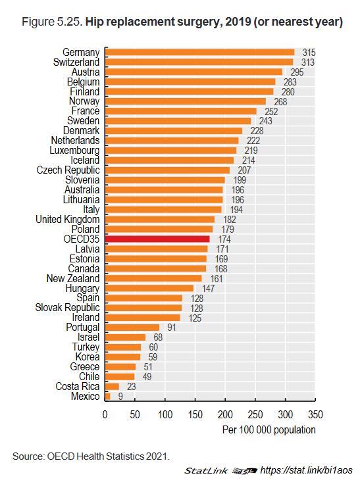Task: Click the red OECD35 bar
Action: tap(157, 239)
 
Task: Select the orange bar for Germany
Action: tap(199, 52)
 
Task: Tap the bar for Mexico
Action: tap(108, 396)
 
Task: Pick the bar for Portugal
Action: tap(132, 328)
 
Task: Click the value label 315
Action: tap(309, 53)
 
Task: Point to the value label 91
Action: tap(172, 328)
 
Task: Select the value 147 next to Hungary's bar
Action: tap(208, 288)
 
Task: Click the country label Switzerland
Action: tap(76, 62)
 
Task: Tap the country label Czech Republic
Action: tap(68, 170)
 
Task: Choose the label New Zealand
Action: tap(73, 278)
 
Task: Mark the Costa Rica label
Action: tap(78, 386)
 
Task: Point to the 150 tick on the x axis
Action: tap(195, 414)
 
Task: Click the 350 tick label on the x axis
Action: tap(315, 414)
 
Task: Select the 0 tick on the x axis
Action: tap(105, 414)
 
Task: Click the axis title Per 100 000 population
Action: tap(269, 430)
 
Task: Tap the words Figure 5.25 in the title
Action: tap(52, 22)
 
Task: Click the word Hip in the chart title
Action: tap(93, 22)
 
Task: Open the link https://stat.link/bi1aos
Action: tap(306, 470)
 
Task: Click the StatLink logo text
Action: tap(206, 471)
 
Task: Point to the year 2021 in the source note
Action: tap(157, 456)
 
